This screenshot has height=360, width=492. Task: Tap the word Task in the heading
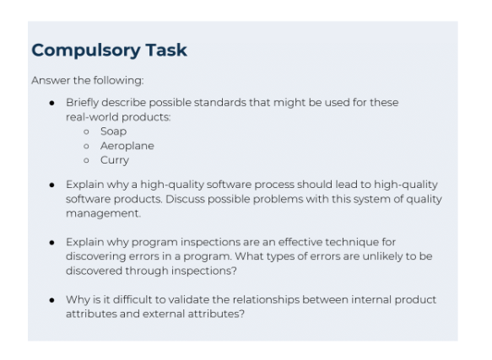tap(165, 51)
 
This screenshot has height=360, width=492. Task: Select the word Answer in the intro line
tap(48, 81)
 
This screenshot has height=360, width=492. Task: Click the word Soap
tap(113, 132)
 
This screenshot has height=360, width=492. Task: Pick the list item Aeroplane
tap(127, 146)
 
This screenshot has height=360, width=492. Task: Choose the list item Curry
tap(114, 160)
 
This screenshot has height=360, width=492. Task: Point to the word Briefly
tap(83, 103)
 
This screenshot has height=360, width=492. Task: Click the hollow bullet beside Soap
tap(87, 132)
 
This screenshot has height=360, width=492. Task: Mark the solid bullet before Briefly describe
tap(53, 103)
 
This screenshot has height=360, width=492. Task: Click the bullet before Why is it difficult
tap(53, 299)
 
